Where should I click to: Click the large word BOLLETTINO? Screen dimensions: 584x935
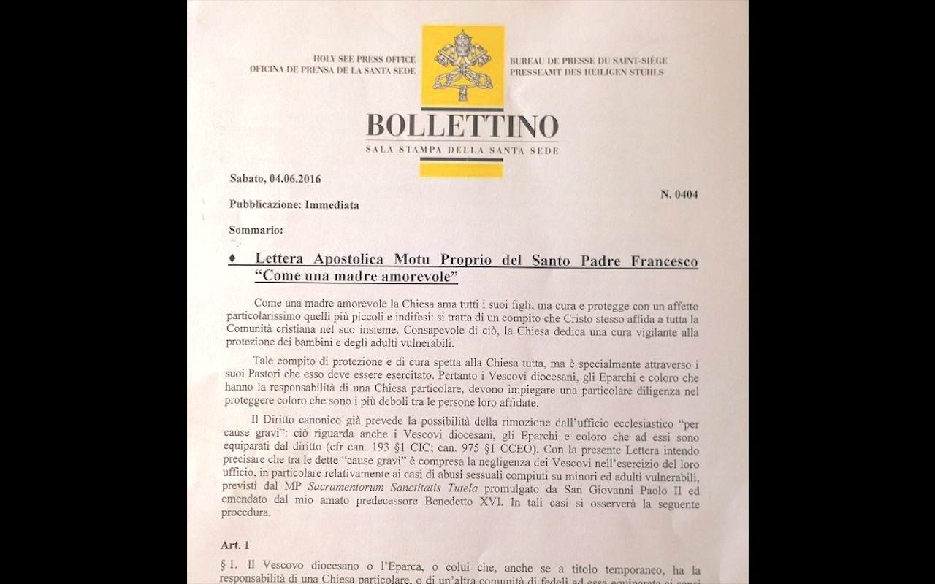[x=462, y=126]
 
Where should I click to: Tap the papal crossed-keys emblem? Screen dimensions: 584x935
[x=463, y=66]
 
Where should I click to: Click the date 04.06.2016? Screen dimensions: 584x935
[x=296, y=178]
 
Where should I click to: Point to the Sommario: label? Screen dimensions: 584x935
[x=255, y=230]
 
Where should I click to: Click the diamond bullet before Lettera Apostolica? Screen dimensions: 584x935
[x=232, y=260]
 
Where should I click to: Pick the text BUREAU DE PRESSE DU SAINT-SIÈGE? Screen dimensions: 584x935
[x=588, y=61]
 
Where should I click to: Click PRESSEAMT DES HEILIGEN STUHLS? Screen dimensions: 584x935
[x=587, y=72]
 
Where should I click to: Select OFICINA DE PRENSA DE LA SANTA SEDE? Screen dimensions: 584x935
[x=332, y=70]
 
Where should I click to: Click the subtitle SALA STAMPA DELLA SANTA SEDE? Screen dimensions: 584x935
[x=462, y=150]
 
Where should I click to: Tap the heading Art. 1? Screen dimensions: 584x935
[x=237, y=545]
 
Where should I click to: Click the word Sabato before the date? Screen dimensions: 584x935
[x=248, y=178]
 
